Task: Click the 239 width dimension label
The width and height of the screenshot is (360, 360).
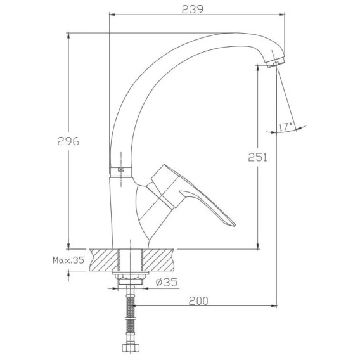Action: click(193, 10)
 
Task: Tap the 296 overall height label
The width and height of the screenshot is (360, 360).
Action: click(68, 141)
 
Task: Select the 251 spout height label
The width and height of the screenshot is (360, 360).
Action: click(257, 157)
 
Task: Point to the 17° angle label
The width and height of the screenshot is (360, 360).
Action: click(285, 127)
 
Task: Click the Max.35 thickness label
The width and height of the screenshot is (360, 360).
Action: click(68, 260)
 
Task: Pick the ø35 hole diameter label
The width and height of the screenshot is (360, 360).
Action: click(167, 282)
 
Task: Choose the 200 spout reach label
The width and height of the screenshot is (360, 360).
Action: click(198, 301)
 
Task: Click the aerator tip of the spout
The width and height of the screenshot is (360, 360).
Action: click(276, 62)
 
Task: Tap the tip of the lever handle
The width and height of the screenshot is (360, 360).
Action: click(234, 224)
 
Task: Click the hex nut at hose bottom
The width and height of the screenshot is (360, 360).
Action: click(130, 347)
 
